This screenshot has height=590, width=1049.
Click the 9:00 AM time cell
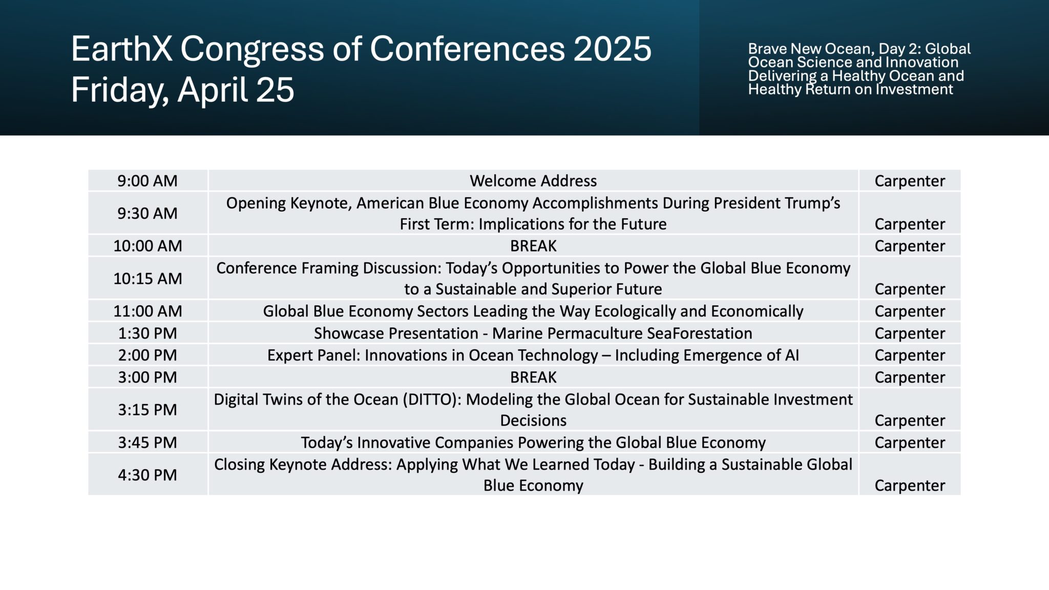click(148, 181)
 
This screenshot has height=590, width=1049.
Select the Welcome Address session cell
click(533, 181)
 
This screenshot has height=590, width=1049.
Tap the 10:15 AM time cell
click(148, 278)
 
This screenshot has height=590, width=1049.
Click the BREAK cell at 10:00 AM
click(533, 246)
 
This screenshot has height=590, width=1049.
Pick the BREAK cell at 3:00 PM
click(533, 377)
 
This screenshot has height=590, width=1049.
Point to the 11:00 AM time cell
click(148, 311)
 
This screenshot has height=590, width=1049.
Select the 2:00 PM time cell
click(148, 355)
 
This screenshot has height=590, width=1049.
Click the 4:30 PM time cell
click(148, 475)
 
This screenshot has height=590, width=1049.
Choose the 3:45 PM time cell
click(148, 442)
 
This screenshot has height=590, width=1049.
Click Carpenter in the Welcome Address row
click(910, 181)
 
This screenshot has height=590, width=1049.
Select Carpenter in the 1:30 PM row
click(910, 333)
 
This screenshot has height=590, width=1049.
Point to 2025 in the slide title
click(612, 49)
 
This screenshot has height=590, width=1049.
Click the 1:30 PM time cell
click(148, 333)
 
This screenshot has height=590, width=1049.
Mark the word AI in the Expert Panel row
click(792, 355)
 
